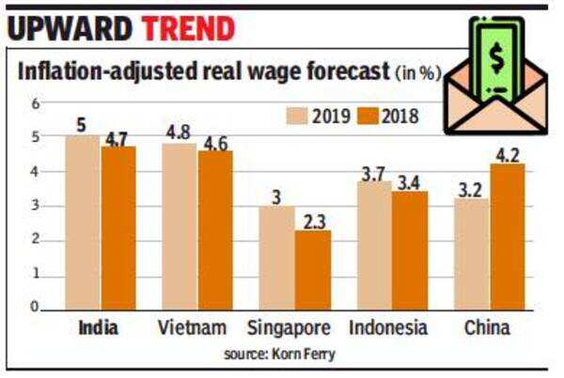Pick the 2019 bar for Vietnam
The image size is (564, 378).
(179, 226)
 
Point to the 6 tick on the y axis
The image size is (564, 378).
(35, 103)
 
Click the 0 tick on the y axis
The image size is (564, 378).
(35, 307)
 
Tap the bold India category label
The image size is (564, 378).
(98, 328)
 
